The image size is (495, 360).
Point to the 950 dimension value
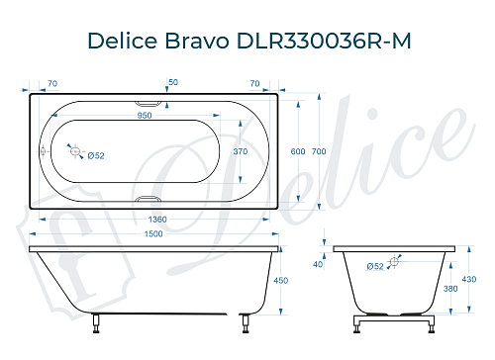coord(145,115)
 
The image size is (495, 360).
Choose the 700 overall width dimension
coord(318,151)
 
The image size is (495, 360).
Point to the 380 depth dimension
coord(450,289)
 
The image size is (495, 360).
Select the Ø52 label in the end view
coord(375,267)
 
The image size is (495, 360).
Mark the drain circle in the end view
coord(395,261)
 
